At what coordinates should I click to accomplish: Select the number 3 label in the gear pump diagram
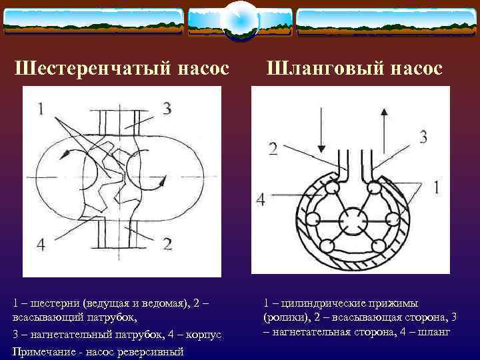coord(166,109)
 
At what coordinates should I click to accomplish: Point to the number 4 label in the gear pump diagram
coord(41,245)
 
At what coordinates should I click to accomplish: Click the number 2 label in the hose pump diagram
coord(273,148)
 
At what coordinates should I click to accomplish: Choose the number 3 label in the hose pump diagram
coord(423,137)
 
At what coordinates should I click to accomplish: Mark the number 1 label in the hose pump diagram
coord(436,188)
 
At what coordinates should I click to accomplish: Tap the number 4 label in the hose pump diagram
coord(261,199)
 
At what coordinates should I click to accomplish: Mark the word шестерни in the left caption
coord(50,303)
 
